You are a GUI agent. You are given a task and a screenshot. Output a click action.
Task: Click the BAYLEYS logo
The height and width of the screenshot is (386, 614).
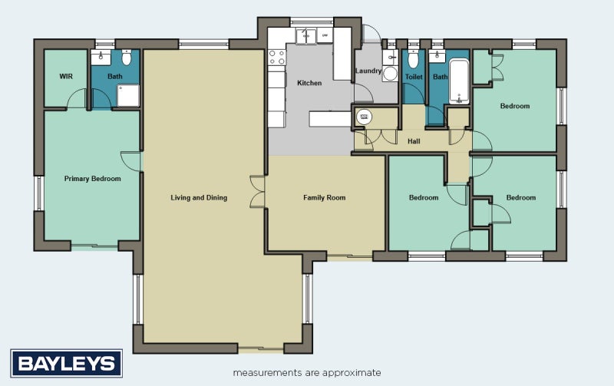click(x=67, y=363)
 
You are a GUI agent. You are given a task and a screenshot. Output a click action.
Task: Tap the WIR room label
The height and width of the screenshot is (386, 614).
click(x=66, y=76)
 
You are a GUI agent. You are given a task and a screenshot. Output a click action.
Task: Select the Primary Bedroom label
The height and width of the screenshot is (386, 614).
click(x=92, y=179)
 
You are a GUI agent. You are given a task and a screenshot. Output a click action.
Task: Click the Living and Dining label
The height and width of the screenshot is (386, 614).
click(x=199, y=198)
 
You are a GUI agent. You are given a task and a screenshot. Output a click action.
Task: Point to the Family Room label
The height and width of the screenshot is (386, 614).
click(x=324, y=198)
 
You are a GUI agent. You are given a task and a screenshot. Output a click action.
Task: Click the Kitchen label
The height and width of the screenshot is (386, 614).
click(x=309, y=83)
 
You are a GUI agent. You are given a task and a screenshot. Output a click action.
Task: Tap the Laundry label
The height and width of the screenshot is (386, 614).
click(x=368, y=71)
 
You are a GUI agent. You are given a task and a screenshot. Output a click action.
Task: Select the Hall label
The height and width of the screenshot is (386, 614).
click(x=414, y=141)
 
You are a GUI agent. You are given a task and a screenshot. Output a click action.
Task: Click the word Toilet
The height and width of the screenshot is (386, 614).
click(x=414, y=77)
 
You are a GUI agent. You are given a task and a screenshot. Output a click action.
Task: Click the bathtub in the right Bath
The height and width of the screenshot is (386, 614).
click(x=459, y=81)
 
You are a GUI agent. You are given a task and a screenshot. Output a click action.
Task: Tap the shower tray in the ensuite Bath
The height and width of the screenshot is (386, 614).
click(x=128, y=95)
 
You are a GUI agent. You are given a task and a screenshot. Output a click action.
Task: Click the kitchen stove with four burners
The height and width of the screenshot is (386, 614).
click(x=277, y=57)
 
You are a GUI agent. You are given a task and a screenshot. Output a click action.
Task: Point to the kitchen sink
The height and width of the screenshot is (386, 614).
click(x=305, y=36)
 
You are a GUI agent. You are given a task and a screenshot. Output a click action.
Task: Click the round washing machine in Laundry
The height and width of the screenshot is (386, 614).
click(x=390, y=73)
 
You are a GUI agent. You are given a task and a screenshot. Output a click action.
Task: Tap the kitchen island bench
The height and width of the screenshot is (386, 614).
click(x=330, y=119)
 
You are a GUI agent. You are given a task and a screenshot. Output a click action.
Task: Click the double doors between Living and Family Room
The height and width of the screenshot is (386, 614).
click(x=258, y=191)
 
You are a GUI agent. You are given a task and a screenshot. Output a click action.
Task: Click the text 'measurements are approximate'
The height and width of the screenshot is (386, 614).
click(x=307, y=373)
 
